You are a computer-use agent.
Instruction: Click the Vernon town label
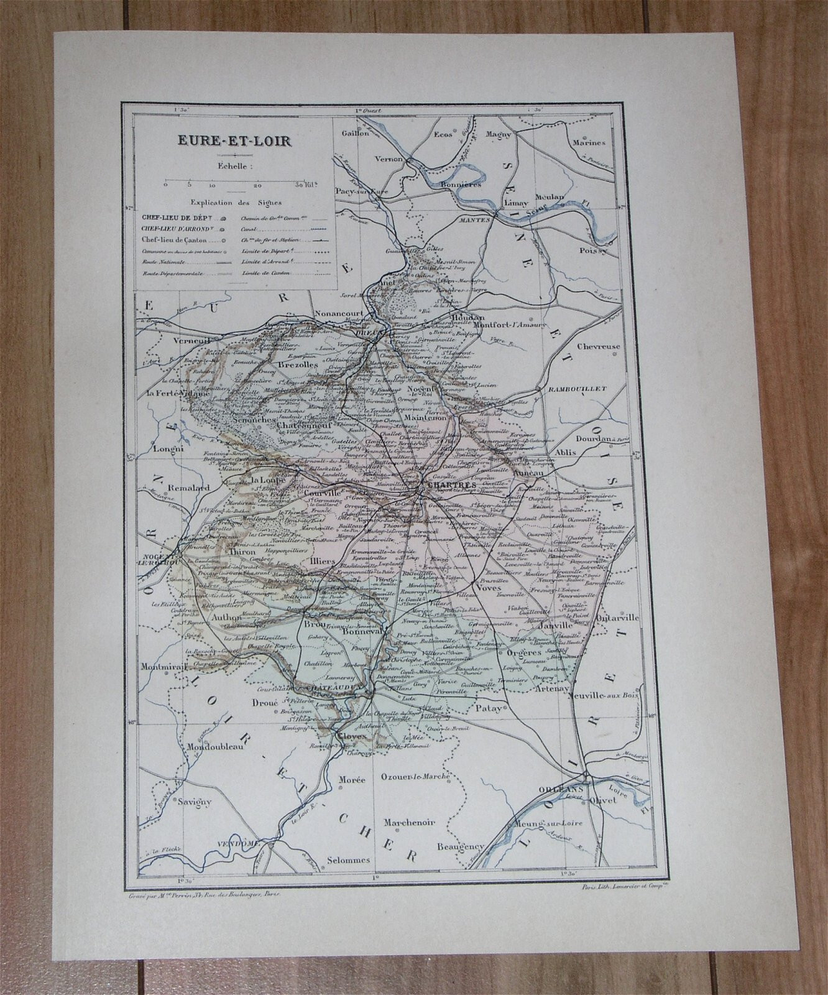point(390,159)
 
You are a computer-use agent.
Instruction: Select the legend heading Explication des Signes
point(236,203)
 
